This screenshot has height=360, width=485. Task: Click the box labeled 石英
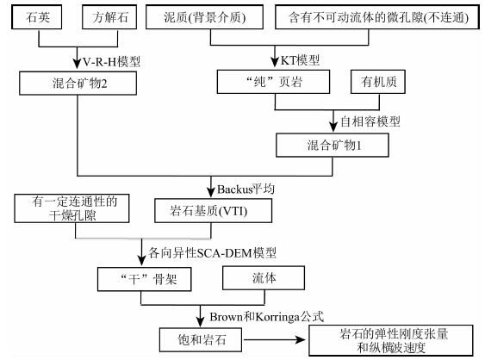36,17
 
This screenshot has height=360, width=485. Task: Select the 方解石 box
109,17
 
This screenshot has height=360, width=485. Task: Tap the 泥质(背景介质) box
204,17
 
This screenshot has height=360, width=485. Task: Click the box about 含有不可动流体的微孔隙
377,17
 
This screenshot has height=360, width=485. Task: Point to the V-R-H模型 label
111,61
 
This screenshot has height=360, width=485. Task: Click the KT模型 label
300,60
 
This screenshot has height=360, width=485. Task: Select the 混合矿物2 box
78,84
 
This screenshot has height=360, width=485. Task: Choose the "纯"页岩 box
273,82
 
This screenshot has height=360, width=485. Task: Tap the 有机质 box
378,82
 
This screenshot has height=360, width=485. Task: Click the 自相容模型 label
370,121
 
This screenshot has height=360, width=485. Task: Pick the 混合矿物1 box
333,145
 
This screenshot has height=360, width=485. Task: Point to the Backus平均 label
246,189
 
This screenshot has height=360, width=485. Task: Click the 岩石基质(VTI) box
214,211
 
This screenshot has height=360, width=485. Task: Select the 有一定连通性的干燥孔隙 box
72,208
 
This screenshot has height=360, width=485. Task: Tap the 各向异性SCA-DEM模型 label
212,252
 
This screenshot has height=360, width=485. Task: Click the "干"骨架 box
145,279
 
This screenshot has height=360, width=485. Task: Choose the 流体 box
264,277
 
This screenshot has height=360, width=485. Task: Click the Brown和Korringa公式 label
267,317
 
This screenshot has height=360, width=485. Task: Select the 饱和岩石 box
201,339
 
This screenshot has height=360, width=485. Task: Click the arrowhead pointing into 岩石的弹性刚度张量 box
301,339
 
